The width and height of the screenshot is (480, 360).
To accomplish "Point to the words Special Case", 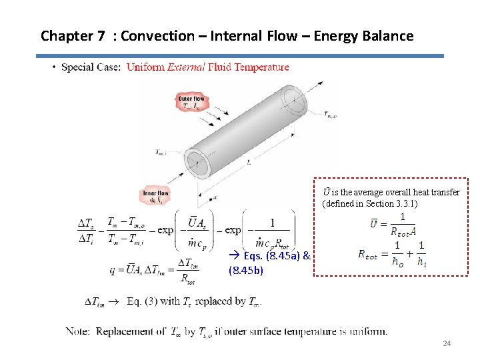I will point(91,67).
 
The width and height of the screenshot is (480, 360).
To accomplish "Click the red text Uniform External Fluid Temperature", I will point(207,67).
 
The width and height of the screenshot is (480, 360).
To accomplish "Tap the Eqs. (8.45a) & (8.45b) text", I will point(267,263).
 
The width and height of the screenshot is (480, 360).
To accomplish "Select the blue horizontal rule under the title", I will point(240,56).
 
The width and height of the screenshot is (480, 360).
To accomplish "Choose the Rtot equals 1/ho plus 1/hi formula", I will point(392,254).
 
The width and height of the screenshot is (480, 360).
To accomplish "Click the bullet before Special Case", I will point(53,67).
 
